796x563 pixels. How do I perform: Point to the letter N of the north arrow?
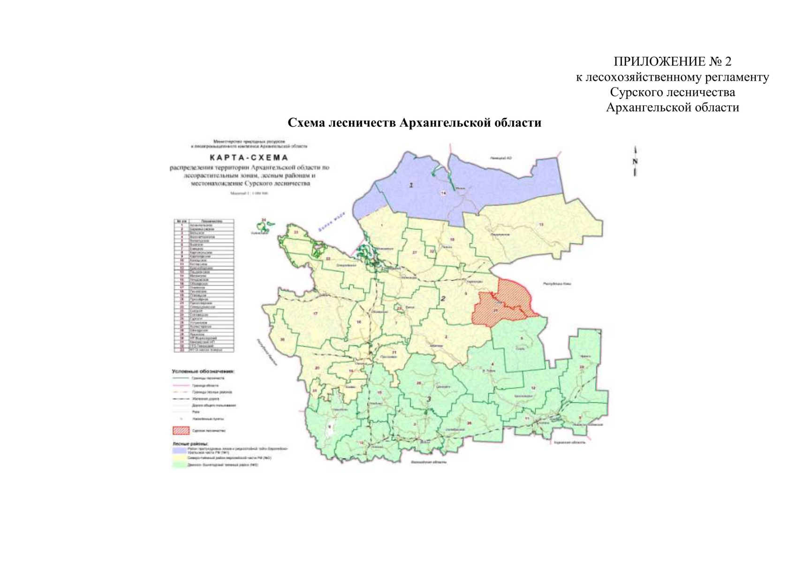pos(635,161)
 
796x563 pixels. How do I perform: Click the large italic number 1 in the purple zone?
pos(411,185)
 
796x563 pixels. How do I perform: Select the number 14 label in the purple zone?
pos(443,193)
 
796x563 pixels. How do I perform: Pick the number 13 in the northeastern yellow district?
pos(541,225)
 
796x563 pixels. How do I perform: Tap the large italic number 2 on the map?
pos(442,298)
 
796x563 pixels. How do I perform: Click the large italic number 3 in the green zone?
pos(428,399)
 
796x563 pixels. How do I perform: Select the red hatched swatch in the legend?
pos(181,430)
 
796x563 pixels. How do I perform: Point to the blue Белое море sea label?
pos(331,221)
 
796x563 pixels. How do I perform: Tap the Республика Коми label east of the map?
pos(557,284)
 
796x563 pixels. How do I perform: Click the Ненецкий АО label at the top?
pos(501,158)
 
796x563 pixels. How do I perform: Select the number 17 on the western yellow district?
pos(315,313)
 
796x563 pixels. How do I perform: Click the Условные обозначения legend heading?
pos(203,371)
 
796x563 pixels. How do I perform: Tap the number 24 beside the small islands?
pos(264,220)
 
